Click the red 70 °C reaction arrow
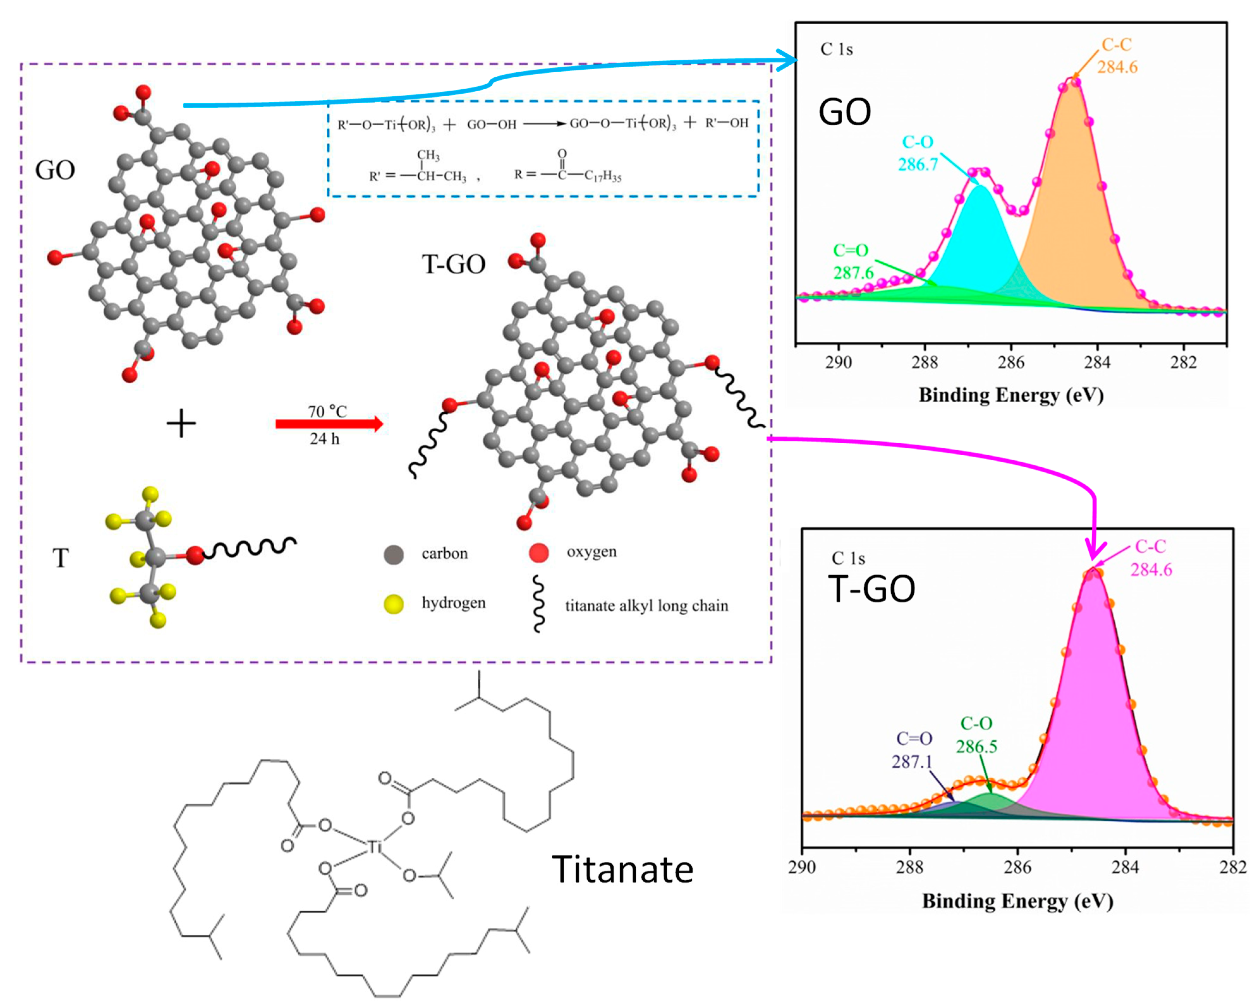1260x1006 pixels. coord(329,424)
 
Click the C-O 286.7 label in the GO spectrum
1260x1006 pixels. coord(918,153)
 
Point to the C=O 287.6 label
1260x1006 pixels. coord(851,261)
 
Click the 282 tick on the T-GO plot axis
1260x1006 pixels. coord(1233,867)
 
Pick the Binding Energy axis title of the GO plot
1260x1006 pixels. coord(1011,396)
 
